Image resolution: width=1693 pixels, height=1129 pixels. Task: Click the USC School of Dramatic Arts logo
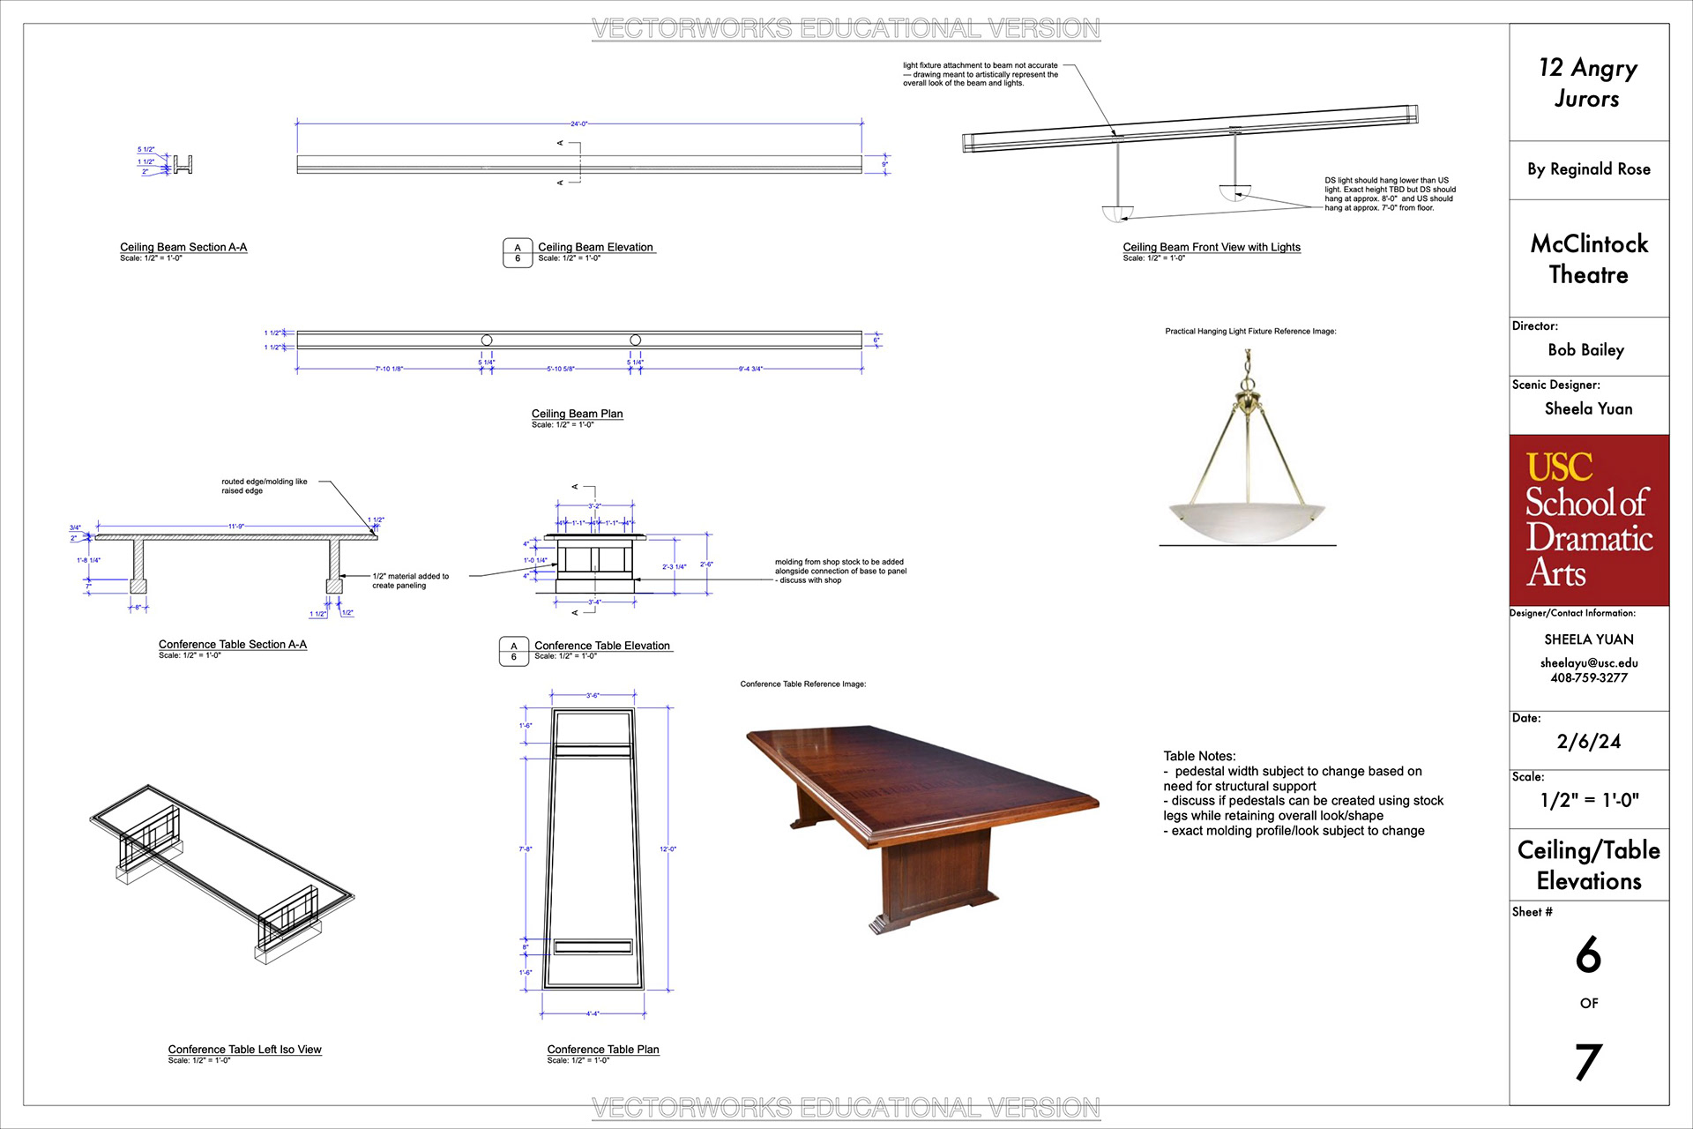1589,520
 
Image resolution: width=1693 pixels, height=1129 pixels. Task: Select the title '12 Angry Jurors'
1588,83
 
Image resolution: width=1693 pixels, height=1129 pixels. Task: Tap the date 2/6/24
1589,742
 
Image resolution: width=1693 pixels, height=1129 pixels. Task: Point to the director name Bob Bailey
1585,350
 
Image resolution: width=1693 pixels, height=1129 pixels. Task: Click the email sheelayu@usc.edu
1589,663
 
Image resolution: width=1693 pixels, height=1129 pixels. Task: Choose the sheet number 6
1588,955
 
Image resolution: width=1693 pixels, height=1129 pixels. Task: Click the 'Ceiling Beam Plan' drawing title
577,414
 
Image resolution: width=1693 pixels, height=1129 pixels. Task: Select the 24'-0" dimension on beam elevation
578,124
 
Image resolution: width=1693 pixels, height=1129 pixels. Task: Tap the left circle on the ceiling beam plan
487,340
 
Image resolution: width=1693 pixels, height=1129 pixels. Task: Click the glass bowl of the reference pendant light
1246,520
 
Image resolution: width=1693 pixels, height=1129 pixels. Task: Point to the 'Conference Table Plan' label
603,1050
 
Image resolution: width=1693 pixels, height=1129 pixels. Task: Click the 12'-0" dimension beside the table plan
668,849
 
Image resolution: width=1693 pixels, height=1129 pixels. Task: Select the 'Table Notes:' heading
1199,756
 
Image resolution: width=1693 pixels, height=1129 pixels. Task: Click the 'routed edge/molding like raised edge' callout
265,486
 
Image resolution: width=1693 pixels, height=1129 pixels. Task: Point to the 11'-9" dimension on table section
236,527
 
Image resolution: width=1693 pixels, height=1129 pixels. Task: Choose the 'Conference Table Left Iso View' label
244,1050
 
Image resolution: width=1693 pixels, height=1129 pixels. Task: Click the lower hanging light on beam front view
1116,213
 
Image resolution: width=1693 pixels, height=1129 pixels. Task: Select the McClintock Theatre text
1589,259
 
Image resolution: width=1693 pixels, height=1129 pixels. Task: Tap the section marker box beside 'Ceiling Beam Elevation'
518,253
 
